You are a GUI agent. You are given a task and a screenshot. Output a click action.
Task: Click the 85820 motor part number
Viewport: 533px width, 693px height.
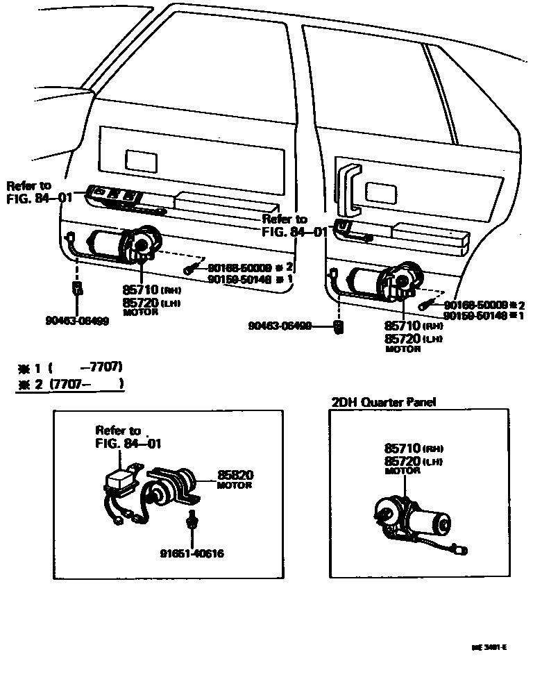click(x=235, y=475)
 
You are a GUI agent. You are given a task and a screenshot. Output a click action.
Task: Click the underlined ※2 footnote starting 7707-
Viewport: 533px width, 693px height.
click(x=69, y=383)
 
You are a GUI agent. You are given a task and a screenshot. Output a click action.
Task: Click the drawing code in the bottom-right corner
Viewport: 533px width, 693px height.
click(x=490, y=647)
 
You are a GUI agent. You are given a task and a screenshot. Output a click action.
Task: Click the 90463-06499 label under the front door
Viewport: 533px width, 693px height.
click(x=76, y=322)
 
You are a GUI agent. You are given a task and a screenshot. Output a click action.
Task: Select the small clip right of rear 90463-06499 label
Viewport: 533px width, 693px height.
click(x=338, y=326)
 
